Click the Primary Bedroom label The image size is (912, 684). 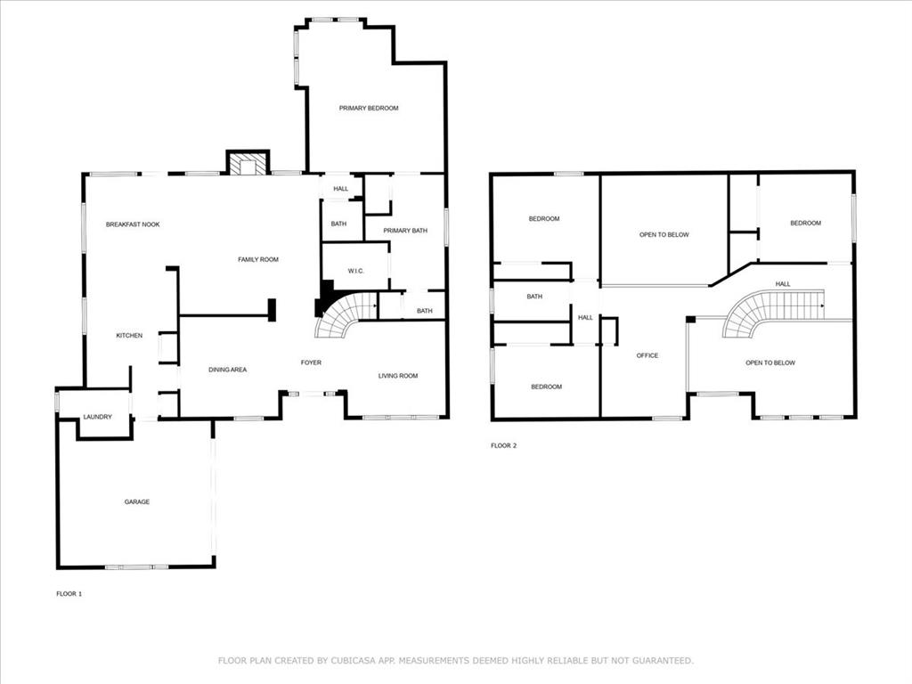click(x=369, y=108)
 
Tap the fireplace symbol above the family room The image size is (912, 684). click(x=248, y=162)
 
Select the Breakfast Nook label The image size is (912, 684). click(x=133, y=224)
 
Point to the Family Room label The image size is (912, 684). click(x=258, y=259)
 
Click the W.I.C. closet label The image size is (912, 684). click(x=356, y=271)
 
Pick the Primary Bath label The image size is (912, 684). click(x=405, y=231)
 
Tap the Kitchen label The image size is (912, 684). click(x=129, y=336)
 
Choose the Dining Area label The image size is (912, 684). click(x=227, y=370)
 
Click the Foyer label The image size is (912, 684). click(x=311, y=363)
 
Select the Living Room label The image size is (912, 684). click(x=398, y=376)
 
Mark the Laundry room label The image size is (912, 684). click(x=97, y=417)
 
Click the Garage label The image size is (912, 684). click(x=136, y=502)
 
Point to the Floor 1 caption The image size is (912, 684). click(x=69, y=594)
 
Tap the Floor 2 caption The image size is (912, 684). click(x=504, y=445)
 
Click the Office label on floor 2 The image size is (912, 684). click(x=647, y=355)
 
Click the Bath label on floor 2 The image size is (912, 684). click(x=534, y=297)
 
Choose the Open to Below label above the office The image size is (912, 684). click(x=664, y=235)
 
